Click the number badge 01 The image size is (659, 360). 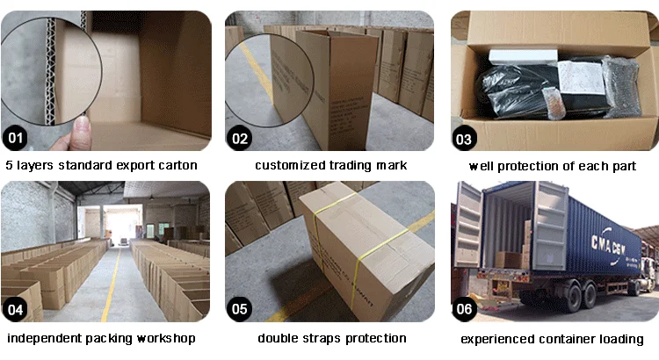coord(16,138)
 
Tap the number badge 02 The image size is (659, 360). coord(241,138)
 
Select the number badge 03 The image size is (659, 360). coord(465,138)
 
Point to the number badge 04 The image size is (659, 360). coord(16,308)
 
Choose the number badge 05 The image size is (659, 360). coord(241,308)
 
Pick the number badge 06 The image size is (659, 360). coord(465,308)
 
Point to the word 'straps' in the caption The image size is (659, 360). coord(317,338)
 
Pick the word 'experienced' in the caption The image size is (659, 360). coord(498,338)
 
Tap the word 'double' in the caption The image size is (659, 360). coord(277,338)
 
